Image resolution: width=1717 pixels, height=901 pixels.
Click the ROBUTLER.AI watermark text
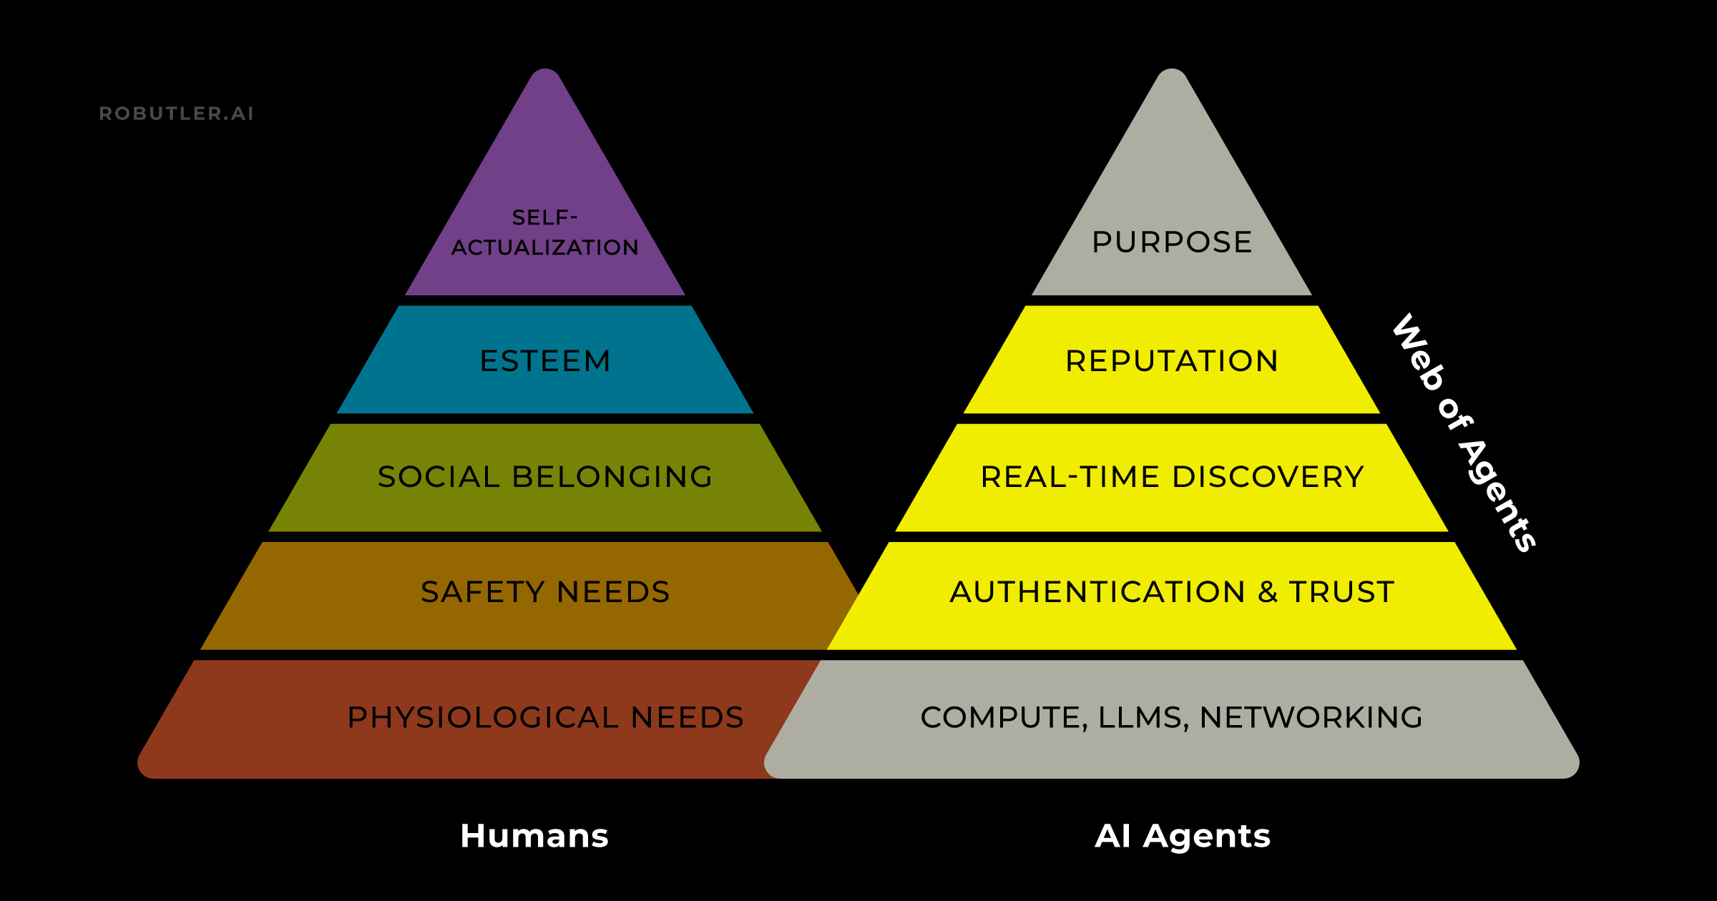click(x=177, y=114)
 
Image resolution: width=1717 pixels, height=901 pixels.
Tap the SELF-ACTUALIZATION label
click(x=545, y=233)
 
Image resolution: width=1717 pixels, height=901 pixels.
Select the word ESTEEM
click(x=545, y=361)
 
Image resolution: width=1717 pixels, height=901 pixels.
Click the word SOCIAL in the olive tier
click(x=438, y=477)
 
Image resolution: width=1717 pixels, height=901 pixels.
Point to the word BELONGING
click(x=612, y=477)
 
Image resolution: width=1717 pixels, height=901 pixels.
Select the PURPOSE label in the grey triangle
click(x=1172, y=242)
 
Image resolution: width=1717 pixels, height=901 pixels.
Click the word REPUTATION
click(x=1172, y=361)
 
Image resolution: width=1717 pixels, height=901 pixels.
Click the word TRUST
click(x=1341, y=592)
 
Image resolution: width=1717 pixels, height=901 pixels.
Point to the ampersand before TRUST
click(x=1268, y=592)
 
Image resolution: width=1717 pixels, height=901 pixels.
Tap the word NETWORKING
click(x=1311, y=717)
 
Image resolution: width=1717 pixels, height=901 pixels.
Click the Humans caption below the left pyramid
click(x=534, y=836)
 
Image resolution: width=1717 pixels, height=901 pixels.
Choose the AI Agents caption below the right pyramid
click(x=1183, y=836)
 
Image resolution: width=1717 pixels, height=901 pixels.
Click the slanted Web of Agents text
click(x=1464, y=433)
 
